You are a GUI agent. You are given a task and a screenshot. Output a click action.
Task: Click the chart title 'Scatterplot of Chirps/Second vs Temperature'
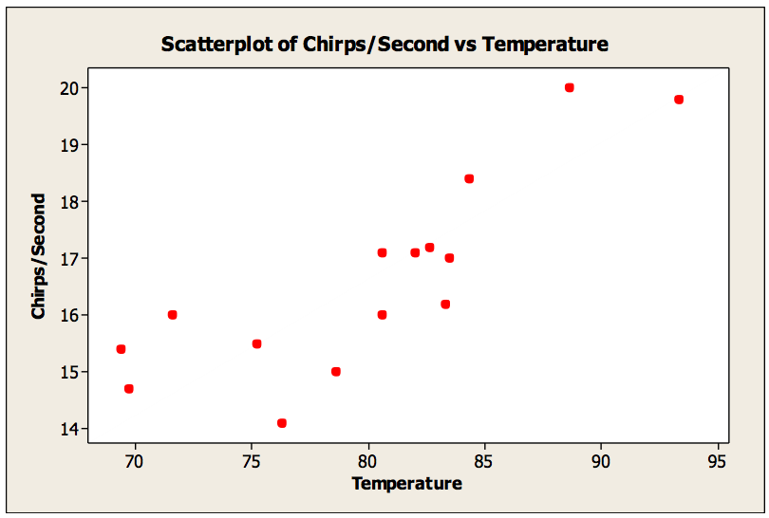pyautogui.click(x=384, y=44)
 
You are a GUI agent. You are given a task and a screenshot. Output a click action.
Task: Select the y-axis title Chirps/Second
pyautogui.click(x=39, y=256)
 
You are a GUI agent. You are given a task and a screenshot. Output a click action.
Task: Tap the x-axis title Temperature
pyautogui.click(x=406, y=484)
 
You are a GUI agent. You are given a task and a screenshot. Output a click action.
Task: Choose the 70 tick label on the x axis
pyautogui.click(x=135, y=462)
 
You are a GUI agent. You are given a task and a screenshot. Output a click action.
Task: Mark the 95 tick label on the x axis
pyautogui.click(x=717, y=462)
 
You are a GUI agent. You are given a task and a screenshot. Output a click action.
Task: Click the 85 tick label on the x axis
pyautogui.click(x=484, y=462)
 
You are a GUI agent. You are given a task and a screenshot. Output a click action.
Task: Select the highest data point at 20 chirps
pyautogui.click(x=570, y=87)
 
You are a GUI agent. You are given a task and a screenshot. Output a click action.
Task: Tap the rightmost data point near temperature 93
pyautogui.click(x=679, y=100)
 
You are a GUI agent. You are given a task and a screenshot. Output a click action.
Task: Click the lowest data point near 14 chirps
pyautogui.click(x=282, y=423)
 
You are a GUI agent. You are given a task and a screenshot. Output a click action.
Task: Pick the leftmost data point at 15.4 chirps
pyautogui.click(x=121, y=349)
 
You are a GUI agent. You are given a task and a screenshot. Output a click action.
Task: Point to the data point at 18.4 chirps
pyautogui.click(x=469, y=178)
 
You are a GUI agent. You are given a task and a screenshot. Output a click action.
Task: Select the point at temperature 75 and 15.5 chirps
pyautogui.click(x=256, y=343)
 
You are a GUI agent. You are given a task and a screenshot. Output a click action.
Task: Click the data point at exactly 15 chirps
pyautogui.click(x=336, y=372)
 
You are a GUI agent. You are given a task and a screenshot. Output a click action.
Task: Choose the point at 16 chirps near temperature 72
pyautogui.click(x=172, y=315)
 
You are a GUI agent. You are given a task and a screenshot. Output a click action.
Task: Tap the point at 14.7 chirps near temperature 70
pyautogui.click(x=129, y=389)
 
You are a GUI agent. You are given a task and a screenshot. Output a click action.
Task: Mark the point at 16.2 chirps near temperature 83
pyautogui.click(x=445, y=305)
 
